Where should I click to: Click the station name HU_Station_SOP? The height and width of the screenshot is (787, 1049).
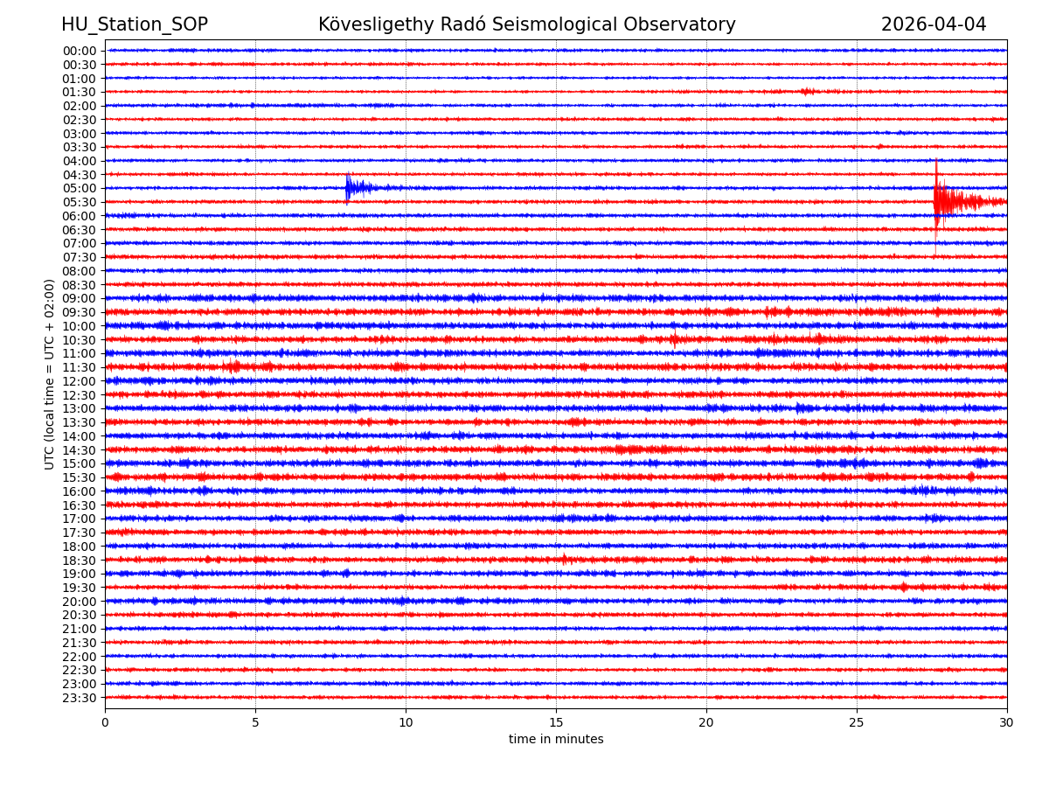pyautogui.click(x=134, y=24)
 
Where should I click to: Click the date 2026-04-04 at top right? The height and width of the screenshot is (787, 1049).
pyautogui.click(x=933, y=24)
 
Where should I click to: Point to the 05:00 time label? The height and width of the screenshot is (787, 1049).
pyautogui.click(x=80, y=188)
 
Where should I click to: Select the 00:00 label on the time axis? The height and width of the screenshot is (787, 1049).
pyautogui.click(x=80, y=51)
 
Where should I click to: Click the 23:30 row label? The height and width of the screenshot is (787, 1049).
pyautogui.click(x=80, y=698)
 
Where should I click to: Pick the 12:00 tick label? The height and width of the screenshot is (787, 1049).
pyautogui.click(x=80, y=381)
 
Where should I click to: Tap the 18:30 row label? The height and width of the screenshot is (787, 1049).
pyautogui.click(x=80, y=561)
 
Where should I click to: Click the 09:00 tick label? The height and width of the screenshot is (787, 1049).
pyautogui.click(x=80, y=298)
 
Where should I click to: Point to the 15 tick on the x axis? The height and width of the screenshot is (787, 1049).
pyautogui.click(x=556, y=723)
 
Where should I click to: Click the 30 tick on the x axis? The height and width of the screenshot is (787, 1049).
pyautogui.click(x=1007, y=723)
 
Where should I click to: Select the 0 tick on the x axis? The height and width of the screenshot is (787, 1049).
pyautogui.click(x=105, y=723)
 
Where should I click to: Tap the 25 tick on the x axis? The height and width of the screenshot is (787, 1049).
pyautogui.click(x=857, y=723)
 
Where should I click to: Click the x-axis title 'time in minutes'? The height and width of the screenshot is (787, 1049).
pyautogui.click(x=556, y=740)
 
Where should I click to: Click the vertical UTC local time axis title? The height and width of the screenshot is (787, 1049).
pyautogui.click(x=50, y=374)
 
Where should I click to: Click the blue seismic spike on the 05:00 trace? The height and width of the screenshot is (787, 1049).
pyautogui.click(x=350, y=187)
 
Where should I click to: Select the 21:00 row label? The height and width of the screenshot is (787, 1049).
pyautogui.click(x=80, y=629)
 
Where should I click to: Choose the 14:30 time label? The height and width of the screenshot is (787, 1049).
pyautogui.click(x=80, y=450)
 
